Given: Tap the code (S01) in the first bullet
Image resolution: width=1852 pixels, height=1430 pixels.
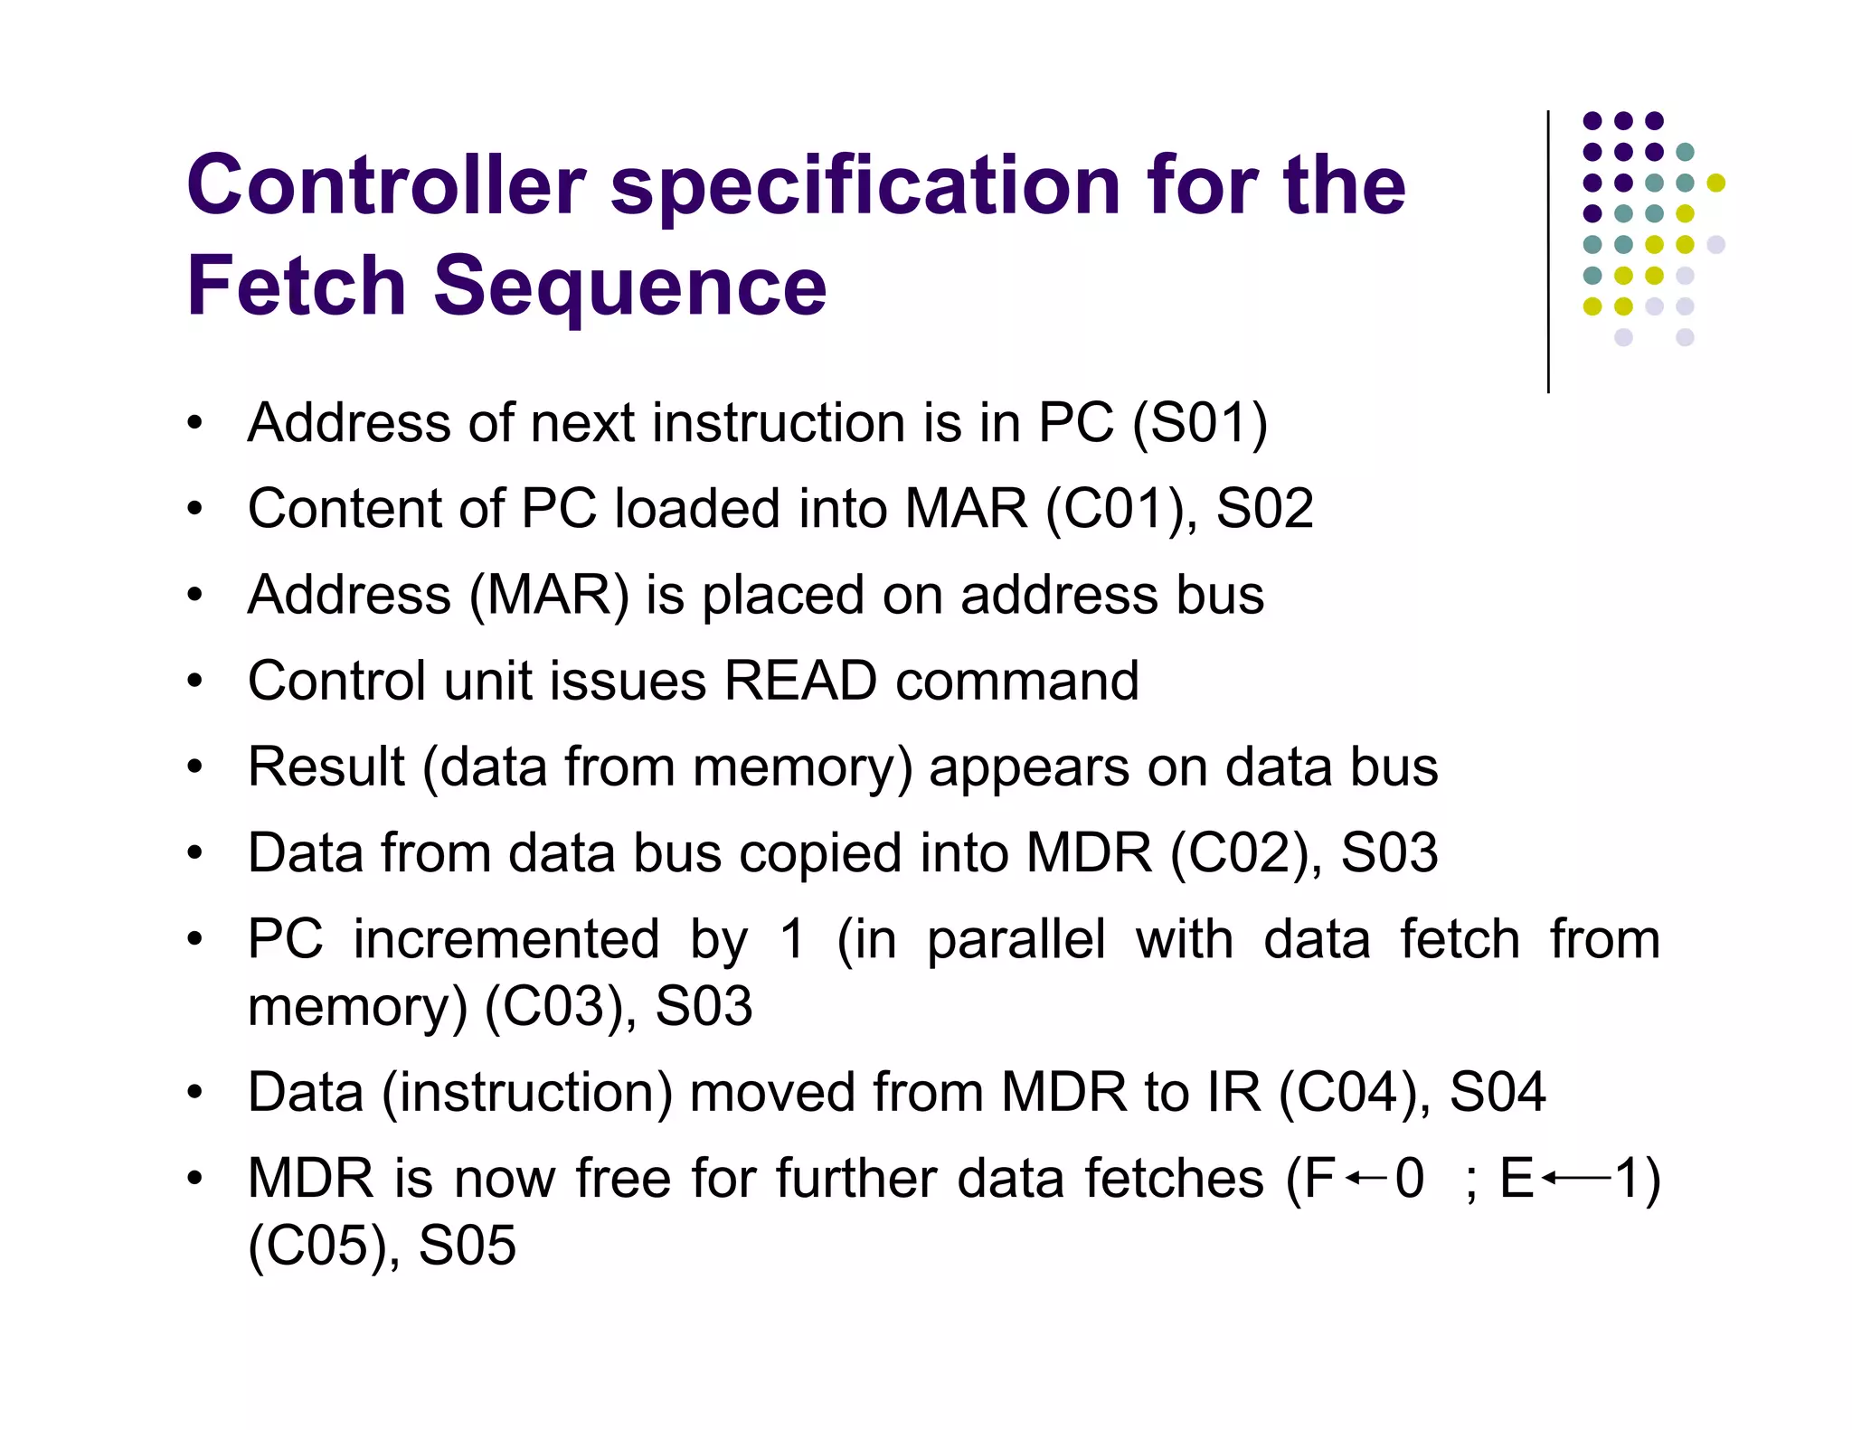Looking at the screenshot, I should [x=1199, y=423].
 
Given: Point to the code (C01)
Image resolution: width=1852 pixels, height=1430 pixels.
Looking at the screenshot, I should [x=1114, y=509].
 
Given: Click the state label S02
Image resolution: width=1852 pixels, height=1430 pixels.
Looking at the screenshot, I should [x=1264, y=509].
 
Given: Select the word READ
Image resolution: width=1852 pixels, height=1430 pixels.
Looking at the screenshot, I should [x=800, y=681].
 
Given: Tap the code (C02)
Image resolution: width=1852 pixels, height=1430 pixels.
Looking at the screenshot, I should [x=1239, y=853].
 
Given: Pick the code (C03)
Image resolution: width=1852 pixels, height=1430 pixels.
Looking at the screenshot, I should [x=553, y=1007].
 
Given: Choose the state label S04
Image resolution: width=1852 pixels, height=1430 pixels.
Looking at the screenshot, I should [x=1498, y=1093].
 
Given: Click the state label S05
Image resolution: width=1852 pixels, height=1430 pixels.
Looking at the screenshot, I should [x=468, y=1247].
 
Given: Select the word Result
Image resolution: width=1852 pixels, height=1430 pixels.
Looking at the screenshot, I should [x=326, y=767].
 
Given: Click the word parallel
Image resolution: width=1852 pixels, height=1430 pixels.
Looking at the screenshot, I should [x=1016, y=939].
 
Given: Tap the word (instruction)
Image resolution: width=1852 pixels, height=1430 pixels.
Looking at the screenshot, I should [x=527, y=1093].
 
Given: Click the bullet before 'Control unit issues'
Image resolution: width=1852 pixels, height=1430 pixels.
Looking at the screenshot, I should [x=194, y=682].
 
